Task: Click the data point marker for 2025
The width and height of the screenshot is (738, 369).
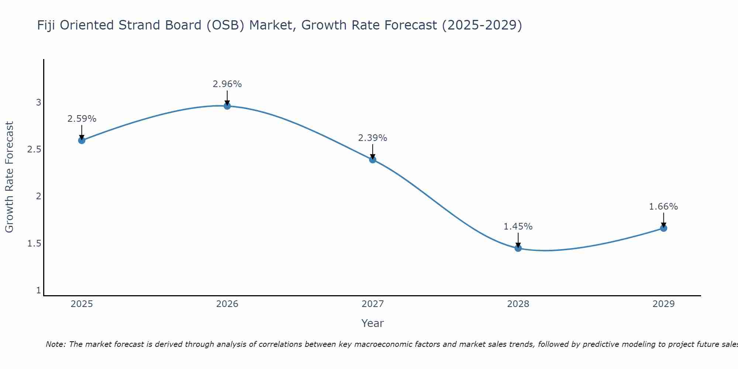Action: (82, 140)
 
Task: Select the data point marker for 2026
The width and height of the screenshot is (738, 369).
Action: (227, 106)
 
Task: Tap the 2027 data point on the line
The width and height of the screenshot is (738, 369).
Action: (373, 159)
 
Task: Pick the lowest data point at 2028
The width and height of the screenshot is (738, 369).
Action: (518, 248)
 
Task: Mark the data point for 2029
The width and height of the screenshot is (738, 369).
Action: (663, 228)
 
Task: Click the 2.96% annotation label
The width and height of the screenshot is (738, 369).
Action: (227, 84)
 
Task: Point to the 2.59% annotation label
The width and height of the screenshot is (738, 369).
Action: (82, 119)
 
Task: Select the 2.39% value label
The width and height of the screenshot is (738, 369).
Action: (373, 138)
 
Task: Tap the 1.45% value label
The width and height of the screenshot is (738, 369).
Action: (518, 227)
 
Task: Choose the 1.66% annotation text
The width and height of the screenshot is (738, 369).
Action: (663, 207)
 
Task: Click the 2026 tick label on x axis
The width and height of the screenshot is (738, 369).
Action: (227, 304)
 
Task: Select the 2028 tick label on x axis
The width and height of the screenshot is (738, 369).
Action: (518, 304)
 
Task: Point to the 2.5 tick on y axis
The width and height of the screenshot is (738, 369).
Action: (34, 149)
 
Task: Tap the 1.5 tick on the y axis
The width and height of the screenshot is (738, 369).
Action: (34, 244)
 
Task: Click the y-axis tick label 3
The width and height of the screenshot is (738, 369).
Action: (38, 103)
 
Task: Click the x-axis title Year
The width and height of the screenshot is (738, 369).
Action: (373, 323)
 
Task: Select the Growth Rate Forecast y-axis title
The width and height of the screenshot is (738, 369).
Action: (9, 177)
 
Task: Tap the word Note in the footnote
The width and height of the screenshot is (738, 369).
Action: (55, 344)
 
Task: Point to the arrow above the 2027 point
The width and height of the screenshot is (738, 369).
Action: (373, 151)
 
